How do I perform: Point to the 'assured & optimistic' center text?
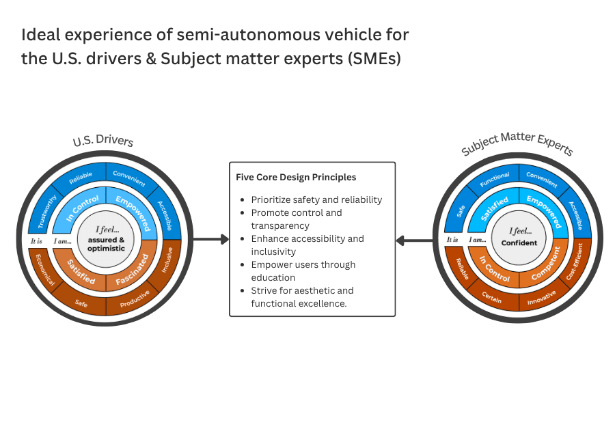pyautogui.click(x=106, y=244)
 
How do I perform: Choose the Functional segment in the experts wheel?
pyautogui.click(x=494, y=182)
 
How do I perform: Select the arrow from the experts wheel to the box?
pyautogui.click(x=414, y=240)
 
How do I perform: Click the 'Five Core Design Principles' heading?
pyautogui.click(x=296, y=177)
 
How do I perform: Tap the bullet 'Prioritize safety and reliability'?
pyautogui.click(x=316, y=200)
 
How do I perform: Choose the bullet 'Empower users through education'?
pyautogui.click(x=303, y=270)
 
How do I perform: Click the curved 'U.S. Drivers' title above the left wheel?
pyautogui.click(x=103, y=141)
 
